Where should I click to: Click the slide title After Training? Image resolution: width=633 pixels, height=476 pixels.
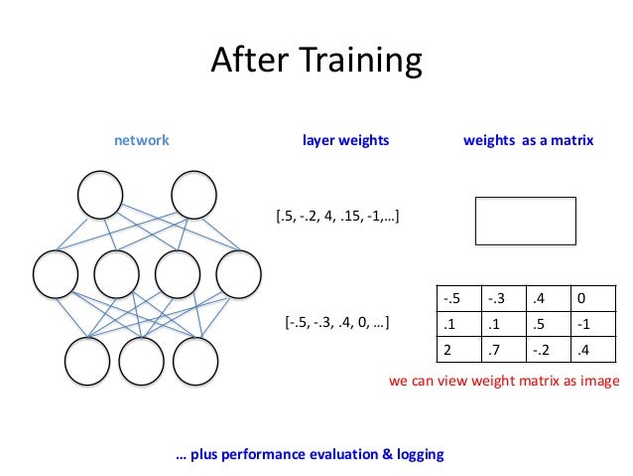coord(316,61)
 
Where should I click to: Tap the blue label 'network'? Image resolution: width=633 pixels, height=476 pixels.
coord(142,141)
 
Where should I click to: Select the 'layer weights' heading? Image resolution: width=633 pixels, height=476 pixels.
coord(345,141)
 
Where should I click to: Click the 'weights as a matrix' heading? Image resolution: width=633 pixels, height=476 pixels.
coord(528,141)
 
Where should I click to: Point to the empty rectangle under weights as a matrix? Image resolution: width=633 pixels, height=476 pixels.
coord(525,221)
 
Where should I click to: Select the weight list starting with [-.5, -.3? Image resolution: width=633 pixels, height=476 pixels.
coord(335,322)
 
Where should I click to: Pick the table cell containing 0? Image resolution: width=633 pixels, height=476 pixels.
coord(590,298)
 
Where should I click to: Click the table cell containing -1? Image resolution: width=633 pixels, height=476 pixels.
coord(590,324)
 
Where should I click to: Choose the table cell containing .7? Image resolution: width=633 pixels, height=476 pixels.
coord(504,349)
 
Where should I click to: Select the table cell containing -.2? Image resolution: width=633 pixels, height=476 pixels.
coord(548,349)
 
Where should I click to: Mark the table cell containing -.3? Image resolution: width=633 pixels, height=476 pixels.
coord(504,298)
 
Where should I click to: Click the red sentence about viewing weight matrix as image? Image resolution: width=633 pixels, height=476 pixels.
coord(504,382)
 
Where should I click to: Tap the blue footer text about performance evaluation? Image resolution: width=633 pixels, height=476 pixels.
coord(310,454)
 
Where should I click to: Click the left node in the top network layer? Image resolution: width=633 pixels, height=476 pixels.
coord(102,196)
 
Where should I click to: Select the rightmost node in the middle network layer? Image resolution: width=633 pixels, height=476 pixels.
coord(238,274)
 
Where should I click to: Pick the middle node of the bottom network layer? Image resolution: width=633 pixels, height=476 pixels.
coord(141,362)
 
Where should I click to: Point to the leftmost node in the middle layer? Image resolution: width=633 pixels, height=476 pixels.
coord(56,274)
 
